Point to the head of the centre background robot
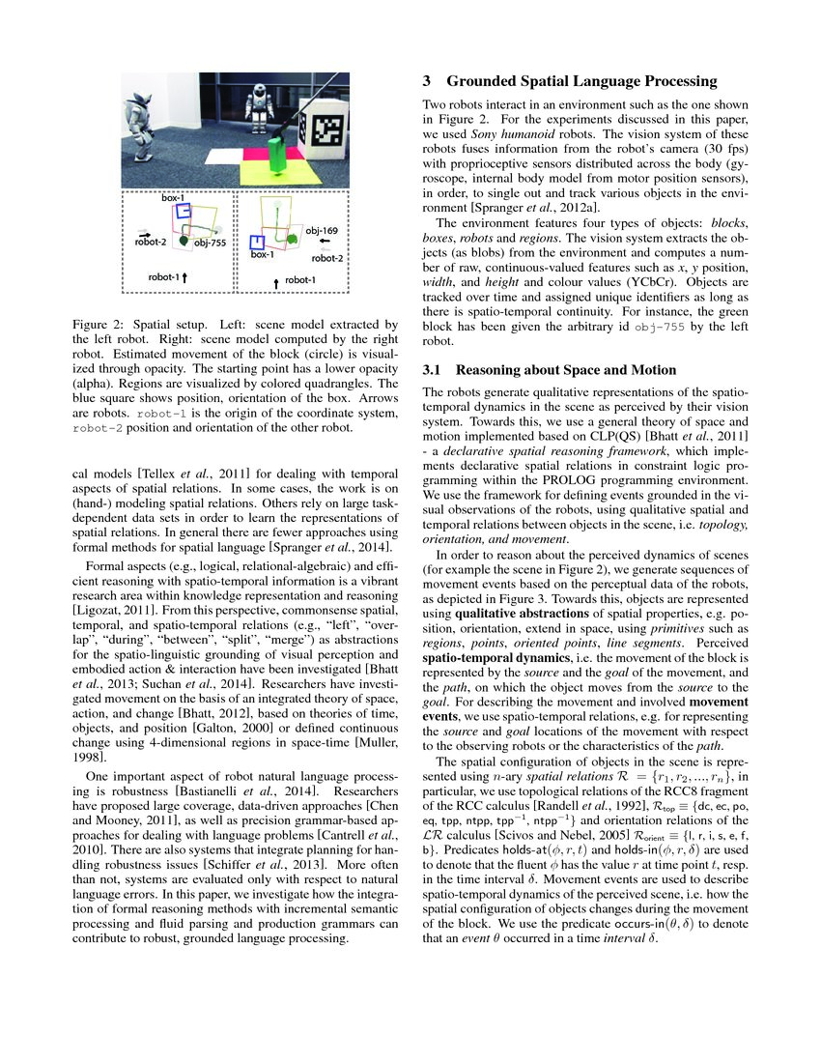258,93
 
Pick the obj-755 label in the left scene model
210,244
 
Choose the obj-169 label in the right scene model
321,232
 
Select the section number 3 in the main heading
429,81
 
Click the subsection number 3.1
434,369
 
